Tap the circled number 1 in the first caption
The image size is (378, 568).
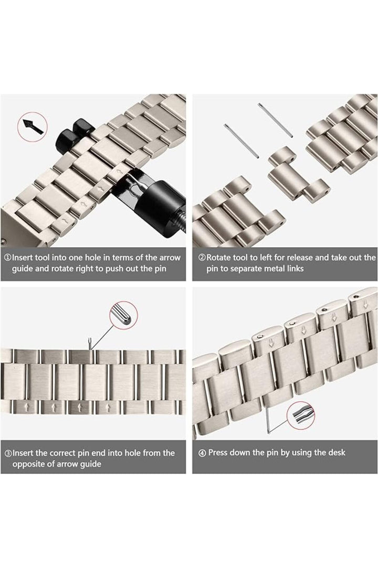8,258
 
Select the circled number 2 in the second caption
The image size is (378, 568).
202,258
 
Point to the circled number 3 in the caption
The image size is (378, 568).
8,453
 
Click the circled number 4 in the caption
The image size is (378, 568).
202,453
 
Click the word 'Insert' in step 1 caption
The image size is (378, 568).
25,258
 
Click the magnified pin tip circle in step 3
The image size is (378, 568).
123,316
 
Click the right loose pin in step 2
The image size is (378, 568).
275,120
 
